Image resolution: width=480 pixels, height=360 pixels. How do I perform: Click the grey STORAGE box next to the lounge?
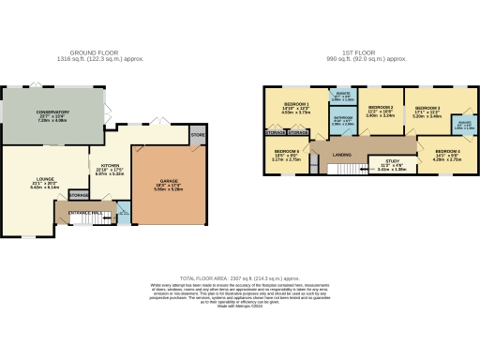pyautogui.click(x=79, y=195)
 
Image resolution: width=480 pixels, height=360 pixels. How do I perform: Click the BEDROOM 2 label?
pyautogui.click(x=380, y=108)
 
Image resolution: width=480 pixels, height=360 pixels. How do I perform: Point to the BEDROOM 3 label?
pyautogui.click(x=427, y=108)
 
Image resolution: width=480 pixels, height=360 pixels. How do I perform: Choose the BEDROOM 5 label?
pyautogui.click(x=286, y=151)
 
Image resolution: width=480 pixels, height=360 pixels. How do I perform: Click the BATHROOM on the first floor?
pyautogui.click(x=344, y=118)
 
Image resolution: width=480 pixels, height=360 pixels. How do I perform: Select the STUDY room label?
pyautogui.click(x=392, y=161)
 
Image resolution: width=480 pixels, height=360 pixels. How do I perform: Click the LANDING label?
pyautogui.click(x=343, y=155)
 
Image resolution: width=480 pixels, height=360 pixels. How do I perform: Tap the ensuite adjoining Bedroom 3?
pyautogui.click(x=464, y=124)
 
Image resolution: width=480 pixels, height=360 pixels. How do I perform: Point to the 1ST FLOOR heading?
pyautogui.click(x=367, y=52)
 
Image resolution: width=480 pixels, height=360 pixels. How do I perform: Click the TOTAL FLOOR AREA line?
pyautogui.click(x=240, y=278)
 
